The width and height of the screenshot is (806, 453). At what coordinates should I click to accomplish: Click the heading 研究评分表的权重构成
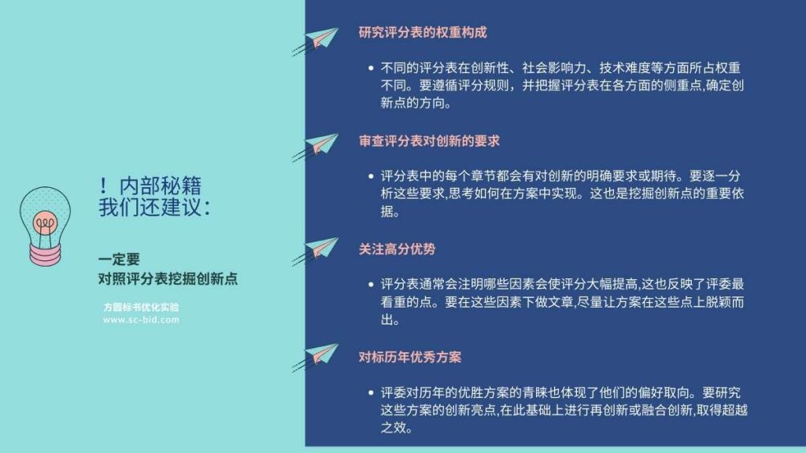tap(423, 32)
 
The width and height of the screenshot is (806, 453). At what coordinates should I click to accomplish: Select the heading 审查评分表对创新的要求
tap(429, 141)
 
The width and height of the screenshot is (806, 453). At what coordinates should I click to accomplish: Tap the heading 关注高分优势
tap(397, 249)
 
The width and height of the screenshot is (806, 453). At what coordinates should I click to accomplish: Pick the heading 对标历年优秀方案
tap(409, 357)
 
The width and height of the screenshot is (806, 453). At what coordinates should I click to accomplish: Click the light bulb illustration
tap(45, 226)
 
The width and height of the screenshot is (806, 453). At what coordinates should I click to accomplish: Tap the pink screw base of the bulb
tap(45, 254)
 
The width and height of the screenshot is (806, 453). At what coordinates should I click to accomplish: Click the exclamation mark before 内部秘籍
tap(103, 186)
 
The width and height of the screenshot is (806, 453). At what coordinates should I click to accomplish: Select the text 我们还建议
tap(150, 208)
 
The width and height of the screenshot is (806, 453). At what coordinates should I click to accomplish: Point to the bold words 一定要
tap(120, 260)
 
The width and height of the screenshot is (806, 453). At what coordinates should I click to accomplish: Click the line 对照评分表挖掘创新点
tap(168, 279)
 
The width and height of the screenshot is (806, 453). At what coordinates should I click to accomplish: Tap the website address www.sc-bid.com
tap(142, 319)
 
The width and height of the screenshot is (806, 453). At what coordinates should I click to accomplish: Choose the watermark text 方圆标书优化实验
tap(142, 308)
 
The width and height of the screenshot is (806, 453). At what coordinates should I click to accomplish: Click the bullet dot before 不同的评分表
tap(372, 68)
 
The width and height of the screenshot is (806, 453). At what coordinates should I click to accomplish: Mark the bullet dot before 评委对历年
tap(372, 393)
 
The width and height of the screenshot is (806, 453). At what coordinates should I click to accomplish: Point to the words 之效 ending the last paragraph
tap(394, 428)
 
